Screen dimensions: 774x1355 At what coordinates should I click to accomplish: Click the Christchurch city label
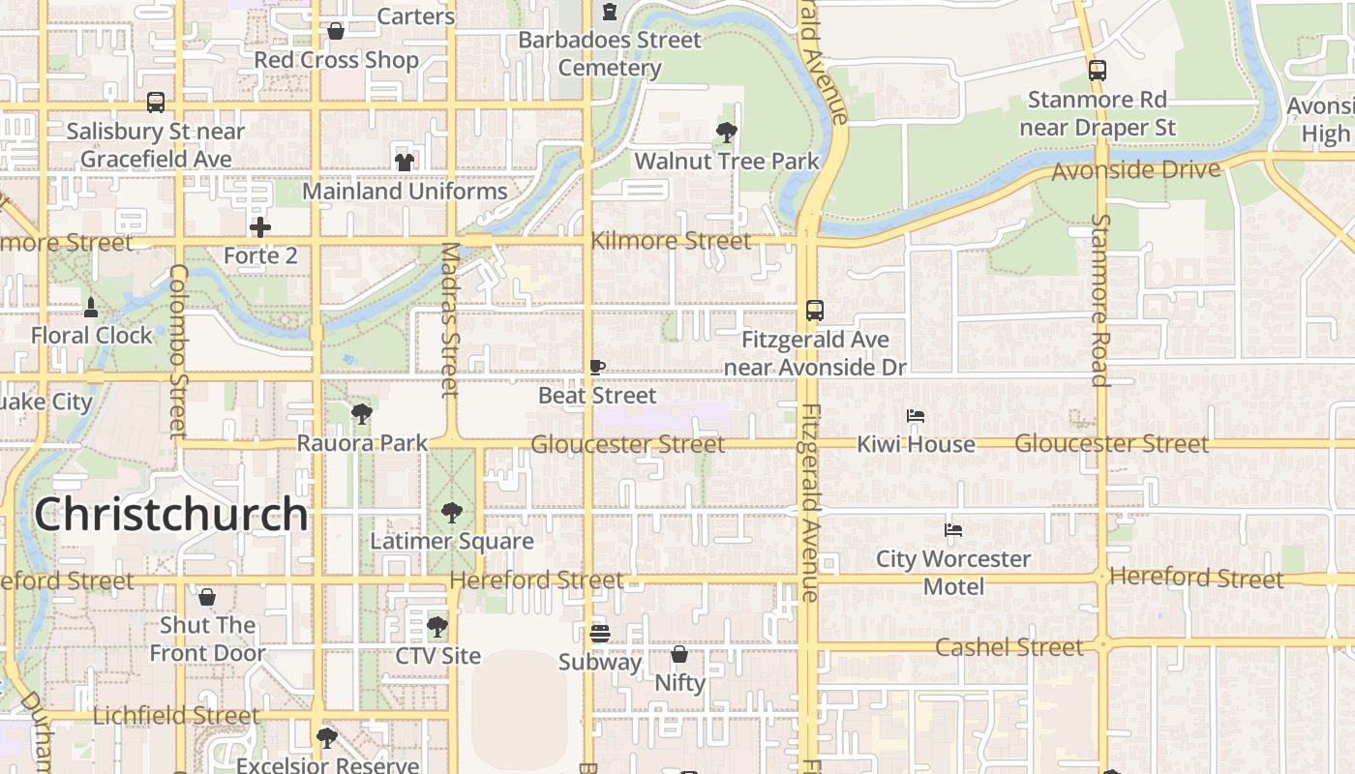pyautogui.click(x=171, y=514)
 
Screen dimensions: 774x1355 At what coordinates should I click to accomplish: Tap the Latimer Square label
pyautogui.click(x=452, y=541)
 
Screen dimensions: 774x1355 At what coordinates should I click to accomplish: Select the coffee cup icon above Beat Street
pyautogui.click(x=597, y=368)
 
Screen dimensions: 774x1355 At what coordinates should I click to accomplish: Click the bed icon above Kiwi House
pyautogui.click(x=916, y=416)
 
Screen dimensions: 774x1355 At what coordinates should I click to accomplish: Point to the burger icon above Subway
pyautogui.click(x=600, y=634)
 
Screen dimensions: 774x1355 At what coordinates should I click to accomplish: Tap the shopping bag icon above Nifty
pyautogui.click(x=679, y=654)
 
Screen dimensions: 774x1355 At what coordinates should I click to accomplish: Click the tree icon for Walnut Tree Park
pyautogui.click(x=726, y=132)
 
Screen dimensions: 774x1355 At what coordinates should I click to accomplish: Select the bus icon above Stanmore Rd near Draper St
pyautogui.click(x=1097, y=71)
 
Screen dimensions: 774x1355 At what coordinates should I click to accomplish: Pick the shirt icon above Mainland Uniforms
pyautogui.click(x=405, y=162)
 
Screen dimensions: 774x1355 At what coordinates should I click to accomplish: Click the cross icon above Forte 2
pyautogui.click(x=260, y=227)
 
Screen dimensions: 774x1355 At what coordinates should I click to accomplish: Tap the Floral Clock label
pyautogui.click(x=92, y=336)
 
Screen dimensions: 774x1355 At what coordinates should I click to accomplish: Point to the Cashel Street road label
pyautogui.click(x=1009, y=647)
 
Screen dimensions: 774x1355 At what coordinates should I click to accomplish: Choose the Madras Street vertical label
pyautogui.click(x=450, y=319)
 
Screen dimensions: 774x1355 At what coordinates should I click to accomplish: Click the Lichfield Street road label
pyautogui.click(x=176, y=716)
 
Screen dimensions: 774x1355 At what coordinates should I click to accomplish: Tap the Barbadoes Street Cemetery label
pyautogui.click(x=610, y=54)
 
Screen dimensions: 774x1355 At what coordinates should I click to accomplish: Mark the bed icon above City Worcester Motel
pyautogui.click(x=953, y=530)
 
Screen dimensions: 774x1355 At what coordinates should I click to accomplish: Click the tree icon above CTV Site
pyautogui.click(x=437, y=626)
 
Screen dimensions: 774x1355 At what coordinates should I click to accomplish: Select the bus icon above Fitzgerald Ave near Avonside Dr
pyautogui.click(x=815, y=311)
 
